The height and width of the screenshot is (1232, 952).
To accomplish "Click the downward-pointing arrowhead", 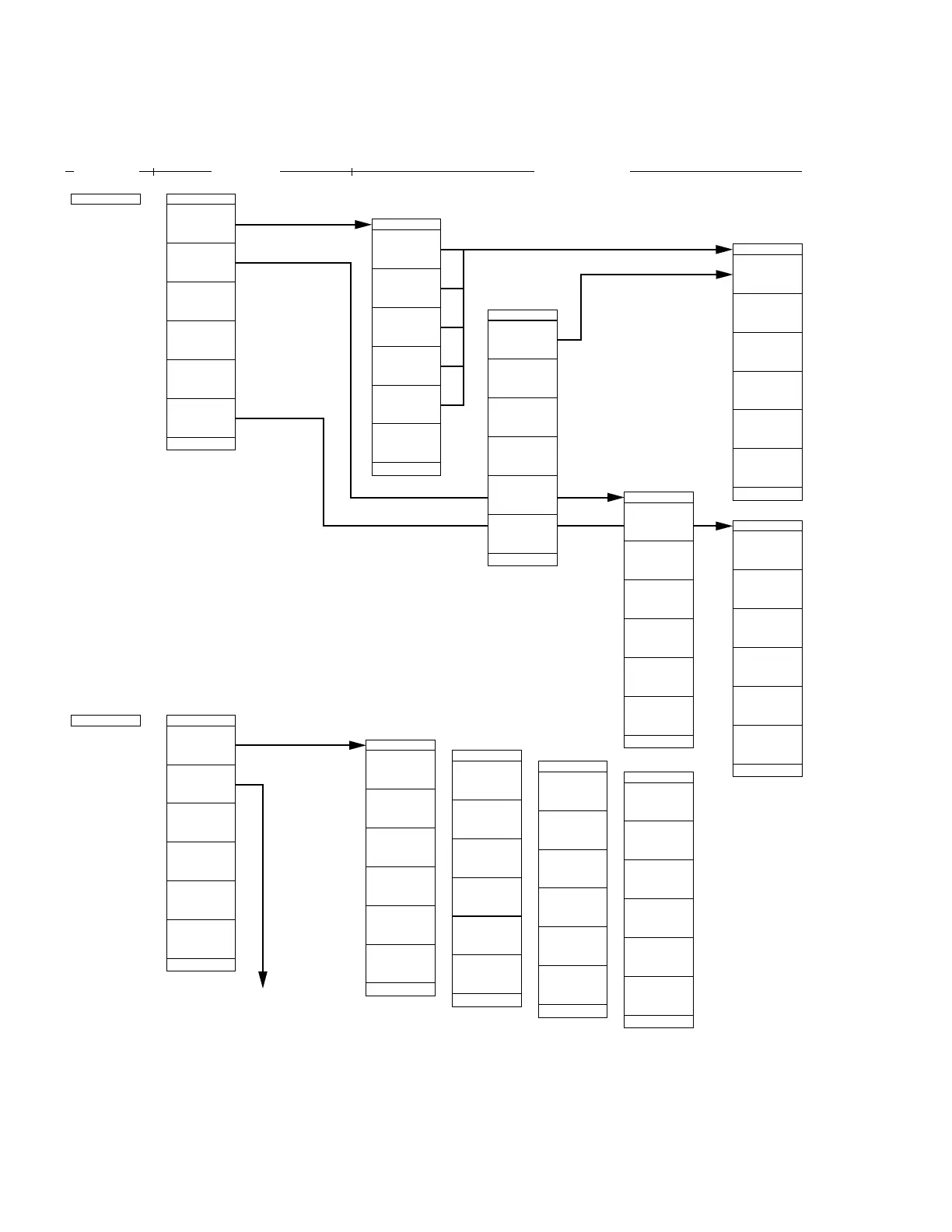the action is pos(263,979).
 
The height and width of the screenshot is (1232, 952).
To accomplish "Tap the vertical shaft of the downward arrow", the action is pos(263,879).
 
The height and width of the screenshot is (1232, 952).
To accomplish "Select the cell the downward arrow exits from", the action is pos(201,784).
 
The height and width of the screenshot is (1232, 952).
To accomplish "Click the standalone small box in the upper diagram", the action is pos(106,199).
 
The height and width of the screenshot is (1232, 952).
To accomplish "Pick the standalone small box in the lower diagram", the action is pos(106,720).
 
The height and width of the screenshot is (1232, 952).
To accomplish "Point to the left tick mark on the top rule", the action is pos(154,170).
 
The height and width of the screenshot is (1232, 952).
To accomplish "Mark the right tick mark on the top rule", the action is pos(352,171).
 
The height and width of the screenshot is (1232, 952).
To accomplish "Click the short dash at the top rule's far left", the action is pos(69,170).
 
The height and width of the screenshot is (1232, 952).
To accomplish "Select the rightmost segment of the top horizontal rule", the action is pos(716,170).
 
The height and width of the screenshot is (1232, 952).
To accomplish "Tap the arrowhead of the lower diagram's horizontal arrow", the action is pos(357,745).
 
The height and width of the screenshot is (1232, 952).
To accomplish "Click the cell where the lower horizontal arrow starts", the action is pos(201,745).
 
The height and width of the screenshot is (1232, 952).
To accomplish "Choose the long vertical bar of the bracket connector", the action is pos(464,327).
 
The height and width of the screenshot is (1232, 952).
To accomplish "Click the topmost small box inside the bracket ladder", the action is pos(452,269).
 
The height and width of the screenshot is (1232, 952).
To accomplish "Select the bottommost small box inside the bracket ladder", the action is pos(452,386).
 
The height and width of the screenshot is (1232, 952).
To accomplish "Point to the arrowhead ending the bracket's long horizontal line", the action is pos(724,250).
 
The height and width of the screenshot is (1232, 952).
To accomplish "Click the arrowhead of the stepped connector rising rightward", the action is pos(724,275).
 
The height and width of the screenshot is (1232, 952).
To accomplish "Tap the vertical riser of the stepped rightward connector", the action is pos(581,307).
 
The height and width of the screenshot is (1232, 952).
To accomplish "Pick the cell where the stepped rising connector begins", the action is pos(522,340).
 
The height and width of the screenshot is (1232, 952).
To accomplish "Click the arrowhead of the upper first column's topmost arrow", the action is pos(363,225).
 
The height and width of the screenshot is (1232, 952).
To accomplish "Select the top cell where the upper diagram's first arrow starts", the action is pos(201,224).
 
